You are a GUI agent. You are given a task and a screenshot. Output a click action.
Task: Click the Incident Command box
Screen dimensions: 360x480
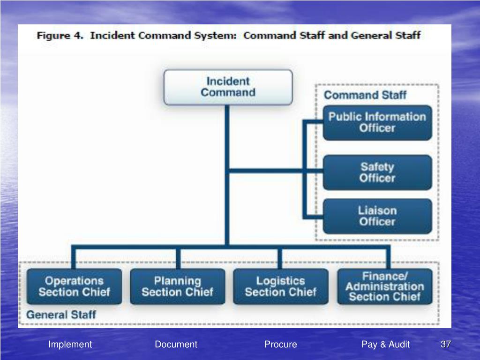pyautogui.click(x=228, y=87)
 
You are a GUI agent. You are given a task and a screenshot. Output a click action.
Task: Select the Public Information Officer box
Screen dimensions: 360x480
pyautogui.click(x=377, y=122)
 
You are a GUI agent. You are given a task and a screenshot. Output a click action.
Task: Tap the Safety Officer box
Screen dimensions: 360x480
pyautogui.click(x=377, y=172)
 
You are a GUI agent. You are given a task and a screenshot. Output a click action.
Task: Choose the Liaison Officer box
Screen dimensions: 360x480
pyautogui.click(x=377, y=216)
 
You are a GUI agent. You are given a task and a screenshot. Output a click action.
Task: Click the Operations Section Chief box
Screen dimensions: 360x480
pyautogui.click(x=74, y=286)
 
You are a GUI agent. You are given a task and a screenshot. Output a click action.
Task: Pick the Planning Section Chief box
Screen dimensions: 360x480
pyautogui.click(x=177, y=286)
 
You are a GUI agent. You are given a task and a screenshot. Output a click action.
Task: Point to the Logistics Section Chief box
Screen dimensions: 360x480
pyautogui.click(x=280, y=286)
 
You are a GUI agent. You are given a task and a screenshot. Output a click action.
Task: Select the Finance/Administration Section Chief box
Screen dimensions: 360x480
pyautogui.click(x=384, y=286)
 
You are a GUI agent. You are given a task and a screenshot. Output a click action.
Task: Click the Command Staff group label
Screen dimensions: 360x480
pyautogui.click(x=365, y=95)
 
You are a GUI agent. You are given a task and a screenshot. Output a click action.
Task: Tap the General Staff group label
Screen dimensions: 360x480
pyautogui.click(x=61, y=315)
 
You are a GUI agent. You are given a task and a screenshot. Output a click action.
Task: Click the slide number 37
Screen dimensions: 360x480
pyautogui.click(x=445, y=345)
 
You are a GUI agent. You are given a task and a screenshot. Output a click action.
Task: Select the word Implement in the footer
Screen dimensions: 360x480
pyautogui.click(x=70, y=345)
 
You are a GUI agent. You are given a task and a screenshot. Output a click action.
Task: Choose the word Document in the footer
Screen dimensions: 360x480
pyautogui.click(x=176, y=345)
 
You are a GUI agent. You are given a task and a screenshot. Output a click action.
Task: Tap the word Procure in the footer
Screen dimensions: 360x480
pyautogui.click(x=280, y=345)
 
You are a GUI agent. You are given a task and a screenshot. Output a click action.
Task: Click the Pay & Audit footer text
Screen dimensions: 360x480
pyautogui.click(x=385, y=345)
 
